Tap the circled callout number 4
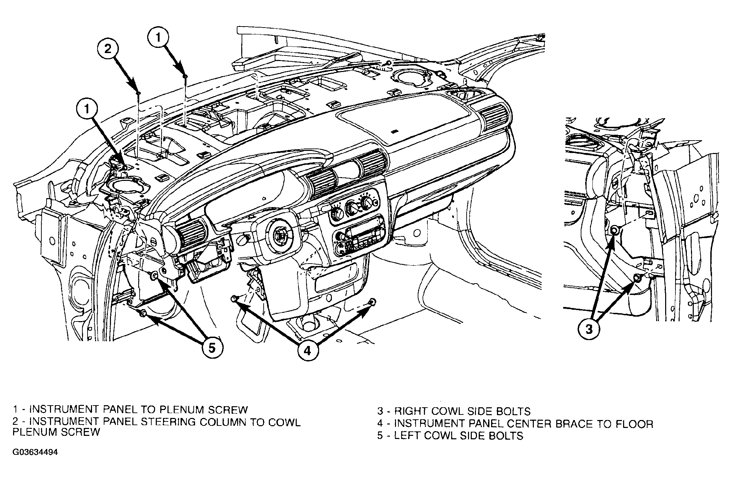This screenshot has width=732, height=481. point(307,350)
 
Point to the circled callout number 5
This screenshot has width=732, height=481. point(211,348)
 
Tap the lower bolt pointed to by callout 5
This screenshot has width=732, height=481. point(143,313)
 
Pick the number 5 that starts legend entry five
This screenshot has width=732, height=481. point(380,436)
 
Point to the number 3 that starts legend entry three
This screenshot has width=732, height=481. point(380,411)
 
